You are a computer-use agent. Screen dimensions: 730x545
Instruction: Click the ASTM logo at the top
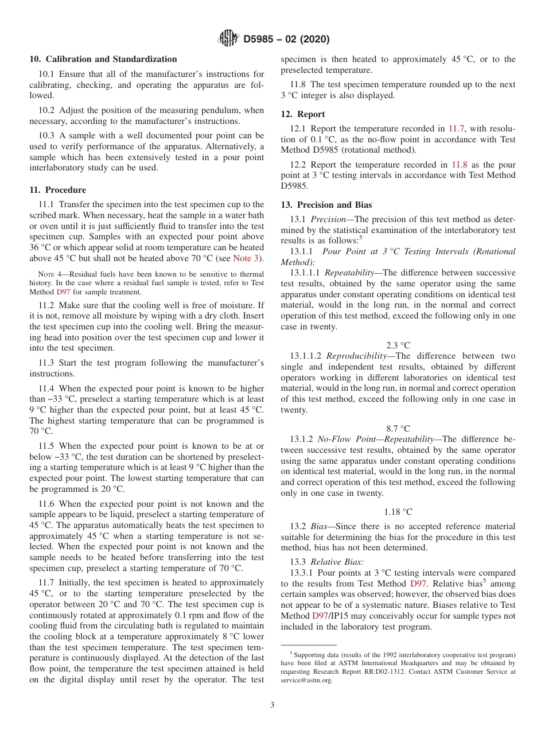point(229,39)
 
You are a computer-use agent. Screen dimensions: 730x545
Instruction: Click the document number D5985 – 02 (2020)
point(286,40)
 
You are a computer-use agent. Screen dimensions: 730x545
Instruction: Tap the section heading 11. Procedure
point(57,190)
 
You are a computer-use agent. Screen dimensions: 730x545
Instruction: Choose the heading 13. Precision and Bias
point(326,205)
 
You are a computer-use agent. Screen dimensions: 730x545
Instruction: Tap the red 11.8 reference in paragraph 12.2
point(457,165)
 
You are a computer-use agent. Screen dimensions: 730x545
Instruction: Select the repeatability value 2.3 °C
point(398,345)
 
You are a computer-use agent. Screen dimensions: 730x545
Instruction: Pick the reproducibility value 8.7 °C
point(398,428)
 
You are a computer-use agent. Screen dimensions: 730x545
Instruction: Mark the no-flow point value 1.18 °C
point(398,511)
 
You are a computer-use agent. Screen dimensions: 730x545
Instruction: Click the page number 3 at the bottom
point(272,705)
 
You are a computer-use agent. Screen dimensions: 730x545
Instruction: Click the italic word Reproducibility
point(356,356)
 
